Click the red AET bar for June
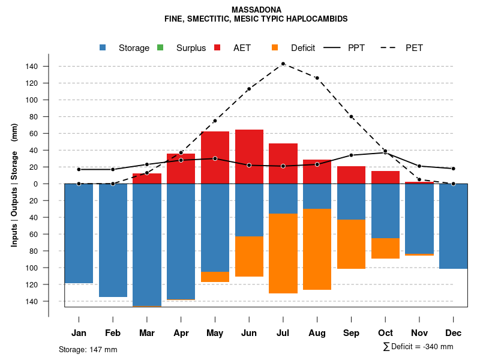(x=249, y=157)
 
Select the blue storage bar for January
(x=79, y=233)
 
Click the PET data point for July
(x=283, y=64)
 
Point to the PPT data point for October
(x=385, y=152)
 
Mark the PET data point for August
(x=317, y=78)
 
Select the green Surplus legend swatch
(x=160, y=48)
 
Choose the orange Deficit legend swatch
(x=274, y=48)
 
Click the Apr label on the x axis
(x=181, y=333)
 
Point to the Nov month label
(x=419, y=333)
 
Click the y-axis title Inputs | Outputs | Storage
(x=14, y=184)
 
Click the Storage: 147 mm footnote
(x=88, y=349)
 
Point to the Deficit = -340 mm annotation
(x=418, y=347)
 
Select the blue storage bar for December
(x=453, y=226)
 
